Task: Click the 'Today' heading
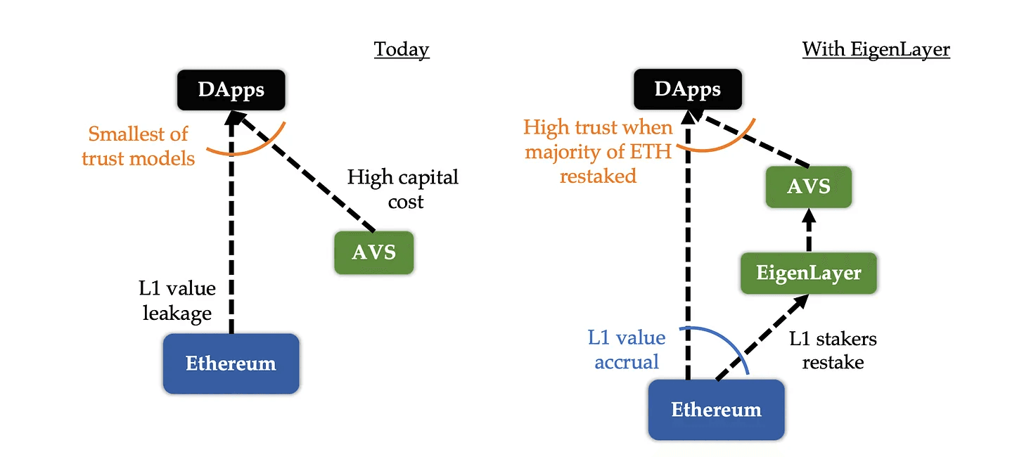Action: pyautogui.click(x=401, y=49)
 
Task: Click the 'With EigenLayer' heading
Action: pyautogui.click(x=876, y=49)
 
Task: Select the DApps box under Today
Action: pyautogui.click(x=231, y=90)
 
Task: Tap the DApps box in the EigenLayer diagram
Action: pyautogui.click(x=687, y=89)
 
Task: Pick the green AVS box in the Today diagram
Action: pyautogui.click(x=373, y=252)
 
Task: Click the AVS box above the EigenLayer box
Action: pyautogui.click(x=808, y=186)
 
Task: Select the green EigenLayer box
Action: pyautogui.click(x=808, y=273)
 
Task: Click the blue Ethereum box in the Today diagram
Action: pyautogui.click(x=231, y=363)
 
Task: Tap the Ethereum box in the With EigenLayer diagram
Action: pyautogui.click(x=716, y=410)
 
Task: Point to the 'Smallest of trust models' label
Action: pyautogui.click(x=139, y=146)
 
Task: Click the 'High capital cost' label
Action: pyautogui.click(x=403, y=189)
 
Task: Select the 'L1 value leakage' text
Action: pyautogui.click(x=177, y=301)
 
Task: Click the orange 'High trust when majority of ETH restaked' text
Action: pyautogui.click(x=599, y=151)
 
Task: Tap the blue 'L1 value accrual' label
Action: pyautogui.click(x=627, y=349)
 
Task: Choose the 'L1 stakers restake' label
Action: pyautogui.click(x=833, y=350)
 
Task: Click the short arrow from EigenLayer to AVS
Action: pyautogui.click(x=808, y=231)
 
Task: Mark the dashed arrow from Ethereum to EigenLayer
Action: pyautogui.click(x=761, y=338)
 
